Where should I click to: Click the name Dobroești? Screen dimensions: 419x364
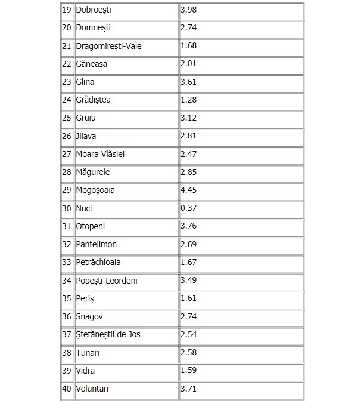point(94,10)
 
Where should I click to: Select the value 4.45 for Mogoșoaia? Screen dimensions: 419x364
point(189,190)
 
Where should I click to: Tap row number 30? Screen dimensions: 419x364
point(67,208)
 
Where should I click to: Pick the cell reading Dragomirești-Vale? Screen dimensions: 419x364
point(109,46)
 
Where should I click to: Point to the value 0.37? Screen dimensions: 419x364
point(189,208)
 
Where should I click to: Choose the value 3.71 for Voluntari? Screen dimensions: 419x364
point(189,389)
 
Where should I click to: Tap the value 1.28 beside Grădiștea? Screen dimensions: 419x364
point(189,100)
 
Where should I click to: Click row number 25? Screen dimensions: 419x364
point(67,118)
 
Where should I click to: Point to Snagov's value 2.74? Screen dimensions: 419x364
point(189,316)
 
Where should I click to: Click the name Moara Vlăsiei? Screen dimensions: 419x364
point(101,154)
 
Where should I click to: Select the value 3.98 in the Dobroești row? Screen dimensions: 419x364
point(189,10)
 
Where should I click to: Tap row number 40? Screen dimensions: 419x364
point(67,389)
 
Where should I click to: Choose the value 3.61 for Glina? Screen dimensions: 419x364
point(189,82)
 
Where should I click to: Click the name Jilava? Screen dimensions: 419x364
point(86,136)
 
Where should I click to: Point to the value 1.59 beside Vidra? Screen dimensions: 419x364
point(189,371)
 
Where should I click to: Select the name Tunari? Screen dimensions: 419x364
point(88,353)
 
